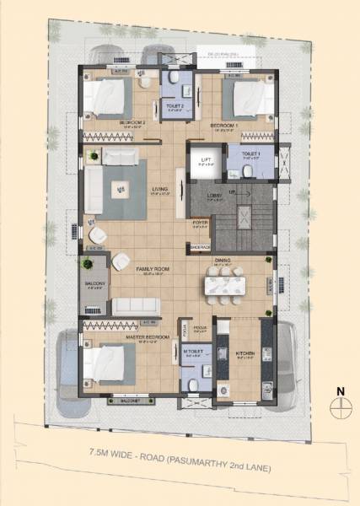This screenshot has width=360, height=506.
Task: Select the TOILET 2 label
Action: (x=175, y=106)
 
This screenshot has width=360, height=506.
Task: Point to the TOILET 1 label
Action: (x=250, y=153)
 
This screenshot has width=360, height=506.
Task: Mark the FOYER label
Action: (x=200, y=223)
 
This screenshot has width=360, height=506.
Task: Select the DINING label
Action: (x=222, y=261)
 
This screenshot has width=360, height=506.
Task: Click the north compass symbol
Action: (x=340, y=402)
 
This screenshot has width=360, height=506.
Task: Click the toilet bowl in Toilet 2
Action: (x=172, y=78)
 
